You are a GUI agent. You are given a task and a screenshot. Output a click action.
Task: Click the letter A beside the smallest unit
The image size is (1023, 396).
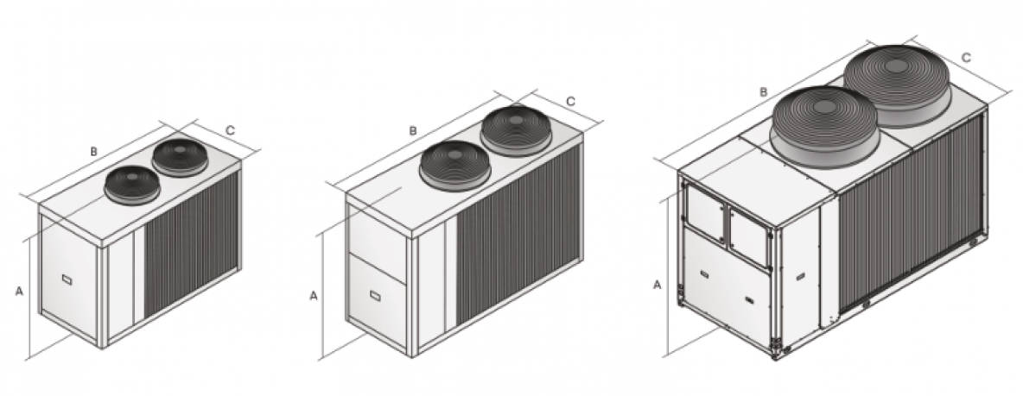click(19, 292)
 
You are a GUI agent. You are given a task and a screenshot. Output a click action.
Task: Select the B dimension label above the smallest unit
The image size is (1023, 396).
click(94, 152)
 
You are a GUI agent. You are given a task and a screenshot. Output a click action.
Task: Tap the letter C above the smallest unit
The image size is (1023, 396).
click(230, 130)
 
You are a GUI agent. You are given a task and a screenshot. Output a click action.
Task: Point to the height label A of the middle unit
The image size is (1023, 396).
click(314, 296)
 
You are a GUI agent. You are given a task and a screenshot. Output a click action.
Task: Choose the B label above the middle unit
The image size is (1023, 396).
click(413, 130)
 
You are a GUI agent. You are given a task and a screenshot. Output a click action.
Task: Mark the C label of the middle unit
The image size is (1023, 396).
click(571, 101)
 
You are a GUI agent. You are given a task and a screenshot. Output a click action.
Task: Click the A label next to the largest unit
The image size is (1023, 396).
click(658, 284)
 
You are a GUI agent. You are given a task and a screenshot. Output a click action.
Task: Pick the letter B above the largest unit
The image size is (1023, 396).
click(763, 91)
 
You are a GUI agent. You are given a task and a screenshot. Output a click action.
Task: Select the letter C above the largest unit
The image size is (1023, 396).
click(967, 58)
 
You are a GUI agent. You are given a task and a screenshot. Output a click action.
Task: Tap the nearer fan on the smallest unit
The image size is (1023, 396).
click(132, 183)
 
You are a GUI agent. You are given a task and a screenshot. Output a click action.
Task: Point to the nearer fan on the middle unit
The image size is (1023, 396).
click(454, 164)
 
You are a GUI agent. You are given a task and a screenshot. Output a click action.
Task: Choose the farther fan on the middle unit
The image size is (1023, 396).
click(516, 129)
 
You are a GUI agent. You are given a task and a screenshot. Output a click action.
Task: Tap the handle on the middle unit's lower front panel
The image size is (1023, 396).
click(375, 297)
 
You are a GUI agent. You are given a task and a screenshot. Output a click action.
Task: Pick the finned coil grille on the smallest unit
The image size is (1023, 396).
click(190, 242)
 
